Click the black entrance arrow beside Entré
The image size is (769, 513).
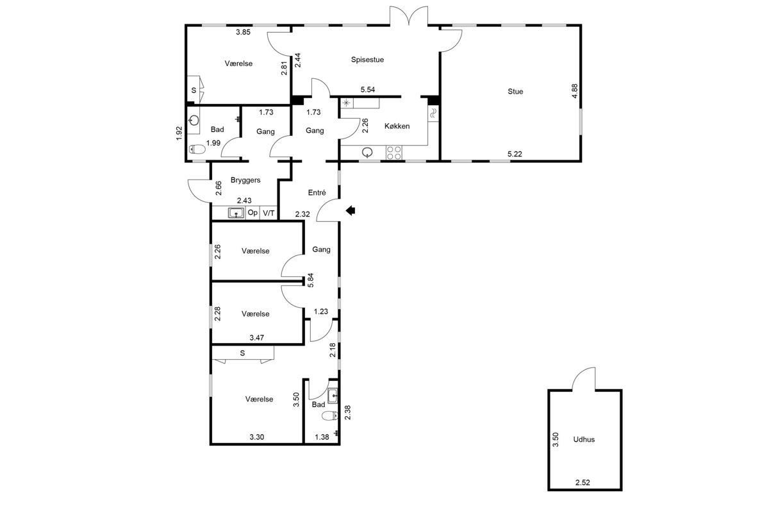click(x=351, y=210)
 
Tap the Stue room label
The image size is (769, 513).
click(x=515, y=92)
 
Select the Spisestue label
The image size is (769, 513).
click(x=367, y=60)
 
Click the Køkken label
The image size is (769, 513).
click(x=397, y=126)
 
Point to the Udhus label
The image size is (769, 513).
click(x=584, y=439)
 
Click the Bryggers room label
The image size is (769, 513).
click(x=245, y=180)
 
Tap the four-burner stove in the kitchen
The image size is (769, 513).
click(x=393, y=153)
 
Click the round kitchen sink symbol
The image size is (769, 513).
click(x=368, y=152)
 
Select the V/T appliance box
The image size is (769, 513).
click(x=269, y=213)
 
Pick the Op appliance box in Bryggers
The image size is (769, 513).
click(x=252, y=213)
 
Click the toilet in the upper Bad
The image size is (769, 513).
click(x=197, y=149)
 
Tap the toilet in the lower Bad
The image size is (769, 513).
click(x=330, y=416)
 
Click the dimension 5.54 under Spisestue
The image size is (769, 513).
click(x=368, y=90)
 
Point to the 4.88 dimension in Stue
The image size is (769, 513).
click(x=575, y=91)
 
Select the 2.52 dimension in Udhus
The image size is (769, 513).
click(x=583, y=482)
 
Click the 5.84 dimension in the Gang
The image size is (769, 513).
click(x=311, y=280)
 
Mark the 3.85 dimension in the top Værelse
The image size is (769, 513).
click(x=243, y=32)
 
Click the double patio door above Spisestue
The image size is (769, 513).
click(x=409, y=16)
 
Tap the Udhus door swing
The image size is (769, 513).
click(x=584, y=378)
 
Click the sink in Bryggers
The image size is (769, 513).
click(x=236, y=213)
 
